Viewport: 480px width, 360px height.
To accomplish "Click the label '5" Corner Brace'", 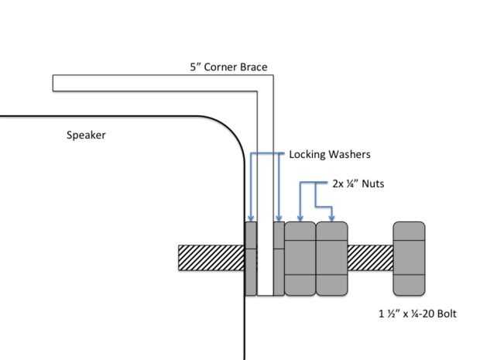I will (228, 67).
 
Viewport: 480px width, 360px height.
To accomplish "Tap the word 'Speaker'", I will (86, 135).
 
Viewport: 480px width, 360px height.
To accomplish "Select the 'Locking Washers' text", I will (329, 154).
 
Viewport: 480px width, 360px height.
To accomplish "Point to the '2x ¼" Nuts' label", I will (358, 184).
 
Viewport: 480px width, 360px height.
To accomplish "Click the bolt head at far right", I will (409, 258).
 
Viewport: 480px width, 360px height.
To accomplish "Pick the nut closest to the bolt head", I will (331, 259).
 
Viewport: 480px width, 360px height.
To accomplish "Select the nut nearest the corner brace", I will (300, 259).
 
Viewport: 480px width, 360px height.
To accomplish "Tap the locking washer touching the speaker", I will (251, 259).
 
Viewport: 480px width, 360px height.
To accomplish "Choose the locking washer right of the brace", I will (279, 259).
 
